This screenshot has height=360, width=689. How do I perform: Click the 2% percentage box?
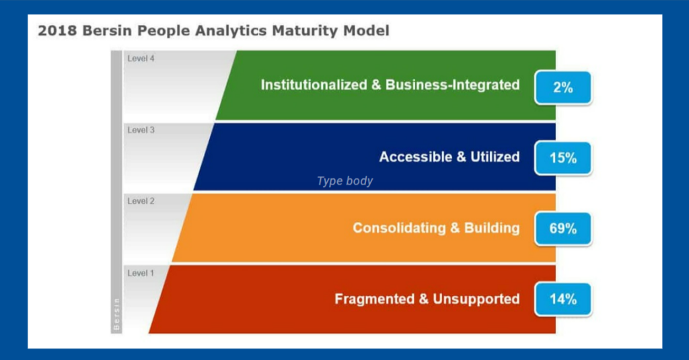[563, 87]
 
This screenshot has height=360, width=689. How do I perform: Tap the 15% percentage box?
[563, 158]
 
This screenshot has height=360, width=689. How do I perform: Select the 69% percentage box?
[563, 229]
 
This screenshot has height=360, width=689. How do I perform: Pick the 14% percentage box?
[563, 299]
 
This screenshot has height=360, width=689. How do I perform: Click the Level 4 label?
[141, 59]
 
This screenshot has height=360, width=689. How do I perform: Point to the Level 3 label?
[141, 130]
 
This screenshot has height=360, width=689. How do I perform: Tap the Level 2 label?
[141, 201]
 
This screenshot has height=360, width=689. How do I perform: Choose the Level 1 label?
[141, 273]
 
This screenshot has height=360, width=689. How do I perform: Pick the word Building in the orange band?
[493, 228]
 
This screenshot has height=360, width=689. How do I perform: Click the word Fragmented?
[374, 299]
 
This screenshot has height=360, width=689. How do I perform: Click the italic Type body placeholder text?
[344, 181]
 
